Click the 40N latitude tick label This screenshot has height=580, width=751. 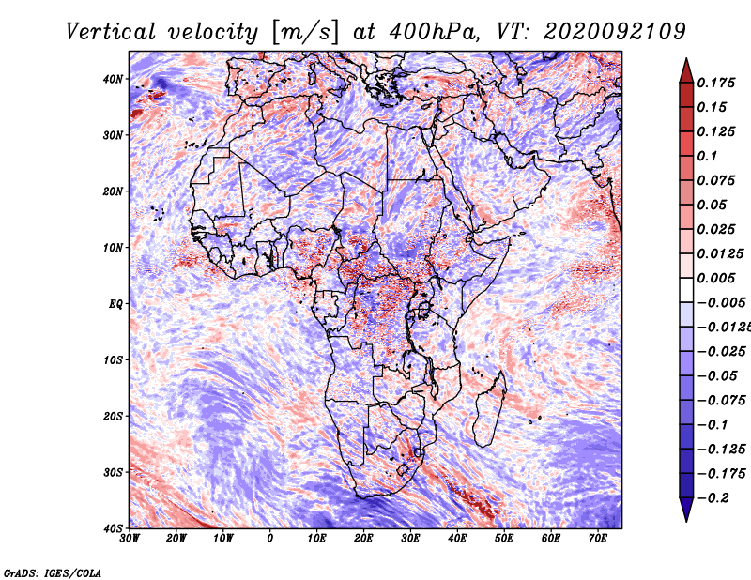[113, 79]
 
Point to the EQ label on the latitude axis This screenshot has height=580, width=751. [115, 304]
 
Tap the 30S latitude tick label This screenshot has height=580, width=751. [113, 472]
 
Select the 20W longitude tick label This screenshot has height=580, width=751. [176, 539]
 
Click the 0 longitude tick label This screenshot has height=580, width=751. [270, 539]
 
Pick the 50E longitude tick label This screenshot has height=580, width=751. [504, 539]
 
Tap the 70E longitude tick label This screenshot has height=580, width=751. [597, 539]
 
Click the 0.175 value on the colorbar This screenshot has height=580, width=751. [716, 83]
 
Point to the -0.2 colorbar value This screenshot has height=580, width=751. [713, 497]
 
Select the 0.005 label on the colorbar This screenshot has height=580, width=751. [716, 278]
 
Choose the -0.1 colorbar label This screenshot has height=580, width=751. [713, 425]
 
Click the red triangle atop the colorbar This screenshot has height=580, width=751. [686, 70]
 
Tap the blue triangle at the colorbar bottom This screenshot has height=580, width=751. [686, 510]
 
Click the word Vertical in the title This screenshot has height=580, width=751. [110, 32]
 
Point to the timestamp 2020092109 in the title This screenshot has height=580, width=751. [615, 32]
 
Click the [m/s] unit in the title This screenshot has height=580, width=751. [304, 33]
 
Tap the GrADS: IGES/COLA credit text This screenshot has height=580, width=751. [53, 572]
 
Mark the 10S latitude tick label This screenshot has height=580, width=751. [113, 360]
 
